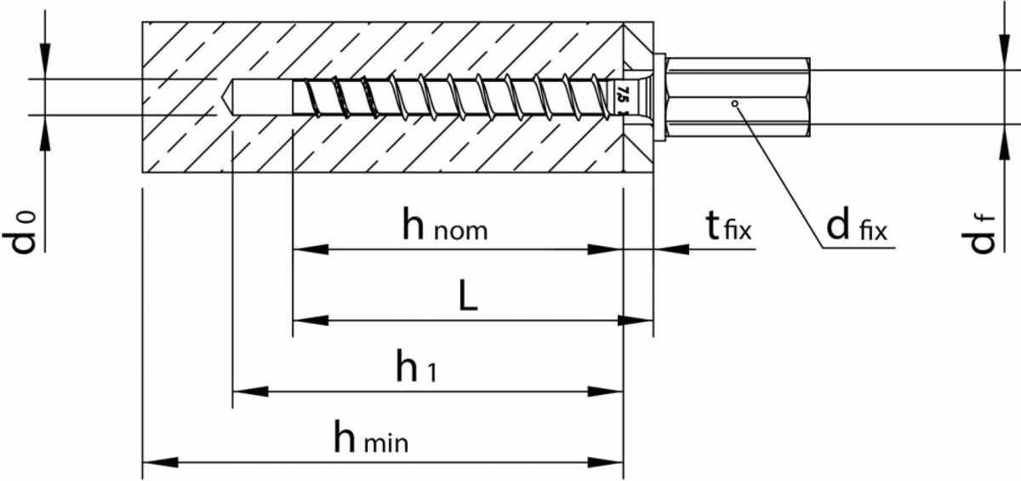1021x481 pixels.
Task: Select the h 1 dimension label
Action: point(417,366)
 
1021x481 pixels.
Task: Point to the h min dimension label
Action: point(371,438)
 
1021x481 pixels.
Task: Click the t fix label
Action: point(728,226)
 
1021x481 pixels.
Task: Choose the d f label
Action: point(978,233)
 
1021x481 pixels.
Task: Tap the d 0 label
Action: point(19,232)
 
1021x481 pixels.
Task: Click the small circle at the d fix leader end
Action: point(734,104)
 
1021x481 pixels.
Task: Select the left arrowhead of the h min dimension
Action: point(161,462)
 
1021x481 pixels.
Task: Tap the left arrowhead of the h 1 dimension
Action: point(251,391)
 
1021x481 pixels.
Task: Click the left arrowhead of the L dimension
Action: point(311,320)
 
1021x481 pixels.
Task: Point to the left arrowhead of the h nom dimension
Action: point(311,249)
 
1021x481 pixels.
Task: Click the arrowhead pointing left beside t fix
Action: point(672,249)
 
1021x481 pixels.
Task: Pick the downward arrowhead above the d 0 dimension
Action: point(44,60)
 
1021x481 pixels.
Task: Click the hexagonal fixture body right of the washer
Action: point(738,97)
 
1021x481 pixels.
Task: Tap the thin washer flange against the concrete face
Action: point(659,97)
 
